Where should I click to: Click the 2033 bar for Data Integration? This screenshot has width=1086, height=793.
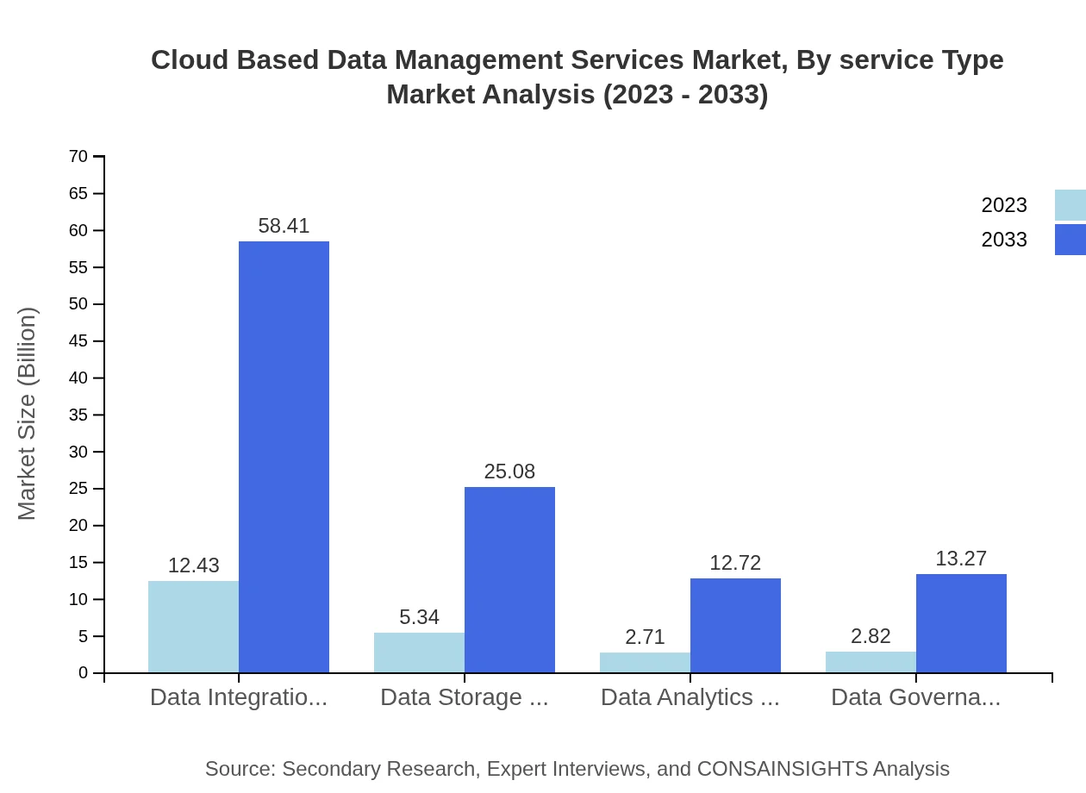pyautogui.click(x=284, y=457)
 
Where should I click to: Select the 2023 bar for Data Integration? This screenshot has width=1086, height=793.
pyautogui.click(x=193, y=627)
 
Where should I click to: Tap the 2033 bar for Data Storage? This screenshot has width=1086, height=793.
pyautogui.click(x=509, y=579)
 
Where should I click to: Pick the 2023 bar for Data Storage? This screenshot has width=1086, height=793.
pyautogui.click(x=419, y=653)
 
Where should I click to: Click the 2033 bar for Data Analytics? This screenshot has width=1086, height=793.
pyautogui.click(x=735, y=625)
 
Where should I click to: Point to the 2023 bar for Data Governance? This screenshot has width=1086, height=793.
pyautogui.click(x=871, y=662)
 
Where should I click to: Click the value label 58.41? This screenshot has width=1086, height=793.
pyautogui.click(x=284, y=226)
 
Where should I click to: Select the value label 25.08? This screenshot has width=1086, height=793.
pyautogui.click(x=509, y=472)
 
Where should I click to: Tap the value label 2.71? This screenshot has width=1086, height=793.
pyautogui.click(x=645, y=637)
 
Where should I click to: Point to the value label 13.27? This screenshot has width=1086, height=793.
pyautogui.click(x=961, y=559)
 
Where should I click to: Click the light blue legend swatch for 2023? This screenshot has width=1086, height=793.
pyautogui.click(x=1070, y=205)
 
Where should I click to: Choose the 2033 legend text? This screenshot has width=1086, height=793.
pyautogui.click(x=1004, y=240)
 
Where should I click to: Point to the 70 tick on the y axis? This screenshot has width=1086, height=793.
pyautogui.click(x=78, y=157)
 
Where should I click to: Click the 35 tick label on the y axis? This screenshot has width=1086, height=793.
pyautogui.click(x=78, y=415)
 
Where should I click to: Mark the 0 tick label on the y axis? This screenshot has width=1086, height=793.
pyautogui.click(x=83, y=673)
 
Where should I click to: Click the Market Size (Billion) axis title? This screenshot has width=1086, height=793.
pyautogui.click(x=27, y=414)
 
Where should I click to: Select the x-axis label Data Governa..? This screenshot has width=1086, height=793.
pyautogui.click(x=915, y=697)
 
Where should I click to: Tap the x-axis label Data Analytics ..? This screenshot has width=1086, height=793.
pyautogui.click(x=690, y=697)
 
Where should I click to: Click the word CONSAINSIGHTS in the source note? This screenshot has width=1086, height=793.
pyautogui.click(x=781, y=769)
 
